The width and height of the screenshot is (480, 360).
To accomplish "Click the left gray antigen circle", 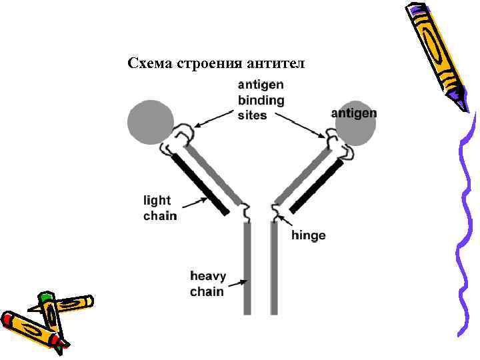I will tap(149, 122).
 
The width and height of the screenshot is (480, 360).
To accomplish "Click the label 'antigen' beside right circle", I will tap(354, 113).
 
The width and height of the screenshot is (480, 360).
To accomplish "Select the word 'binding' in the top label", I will tap(261, 101).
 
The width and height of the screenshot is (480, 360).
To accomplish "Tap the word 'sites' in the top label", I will tap(252, 115).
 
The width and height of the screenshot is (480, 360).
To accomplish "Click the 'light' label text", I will tap(157, 200).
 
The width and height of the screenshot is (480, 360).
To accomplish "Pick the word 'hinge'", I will tap(309, 235).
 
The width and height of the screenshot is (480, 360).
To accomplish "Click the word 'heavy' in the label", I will tap(208, 276).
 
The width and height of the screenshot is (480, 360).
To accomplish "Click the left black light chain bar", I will tap(200, 183).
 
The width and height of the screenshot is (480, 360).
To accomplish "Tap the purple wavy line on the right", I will tap(464, 227).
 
